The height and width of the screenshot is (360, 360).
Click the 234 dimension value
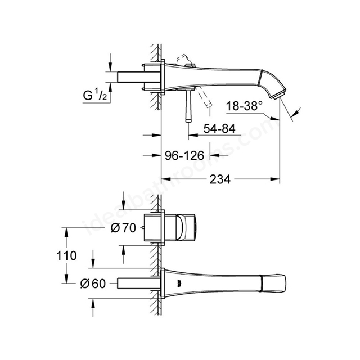pos(220,179)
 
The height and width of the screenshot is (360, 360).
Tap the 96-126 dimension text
pos(184,156)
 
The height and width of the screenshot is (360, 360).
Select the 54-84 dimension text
pos(219,129)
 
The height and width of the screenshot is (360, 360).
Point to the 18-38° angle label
pos(244,106)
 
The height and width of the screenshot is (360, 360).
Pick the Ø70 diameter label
pos(123,228)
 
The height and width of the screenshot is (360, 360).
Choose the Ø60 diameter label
pos(93,283)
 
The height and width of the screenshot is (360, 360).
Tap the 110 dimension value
pos(66,255)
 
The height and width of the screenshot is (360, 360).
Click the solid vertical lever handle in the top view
pos(188,105)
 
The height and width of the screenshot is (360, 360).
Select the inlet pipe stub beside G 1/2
pos(138,77)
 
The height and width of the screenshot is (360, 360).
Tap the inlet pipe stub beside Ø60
pos(138,283)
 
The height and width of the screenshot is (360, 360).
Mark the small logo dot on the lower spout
pos(178,282)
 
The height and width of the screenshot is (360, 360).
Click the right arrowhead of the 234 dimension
pos(275,179)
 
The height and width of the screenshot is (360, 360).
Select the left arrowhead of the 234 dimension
pos(166,179)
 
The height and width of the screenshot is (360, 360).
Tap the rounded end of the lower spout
pos(283,283)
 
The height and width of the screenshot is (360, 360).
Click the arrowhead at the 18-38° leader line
pos(275,119)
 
